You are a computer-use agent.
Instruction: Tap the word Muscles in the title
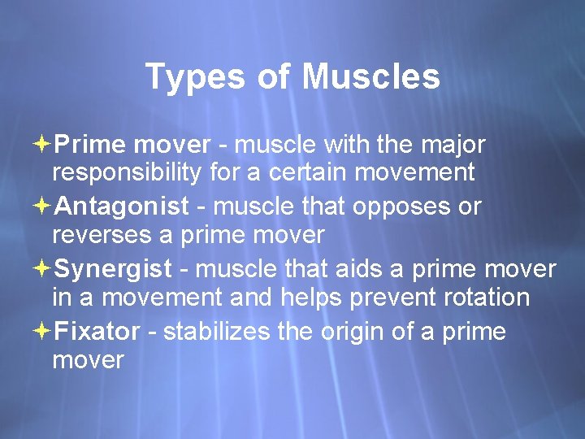pos(370,78)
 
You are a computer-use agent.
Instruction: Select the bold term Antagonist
pos(123,206)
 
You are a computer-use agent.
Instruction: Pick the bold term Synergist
pos(115,268)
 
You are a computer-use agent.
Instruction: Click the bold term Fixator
pos(100,331)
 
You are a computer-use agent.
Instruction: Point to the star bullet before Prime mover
pos(43,145)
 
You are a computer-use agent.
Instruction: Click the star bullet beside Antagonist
pos(43,206)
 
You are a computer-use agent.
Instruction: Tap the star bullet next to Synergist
pos(43,268)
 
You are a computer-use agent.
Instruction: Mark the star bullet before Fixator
pos(43,331)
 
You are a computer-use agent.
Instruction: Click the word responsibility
pos(132,173)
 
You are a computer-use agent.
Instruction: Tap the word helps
pos(310,298)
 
